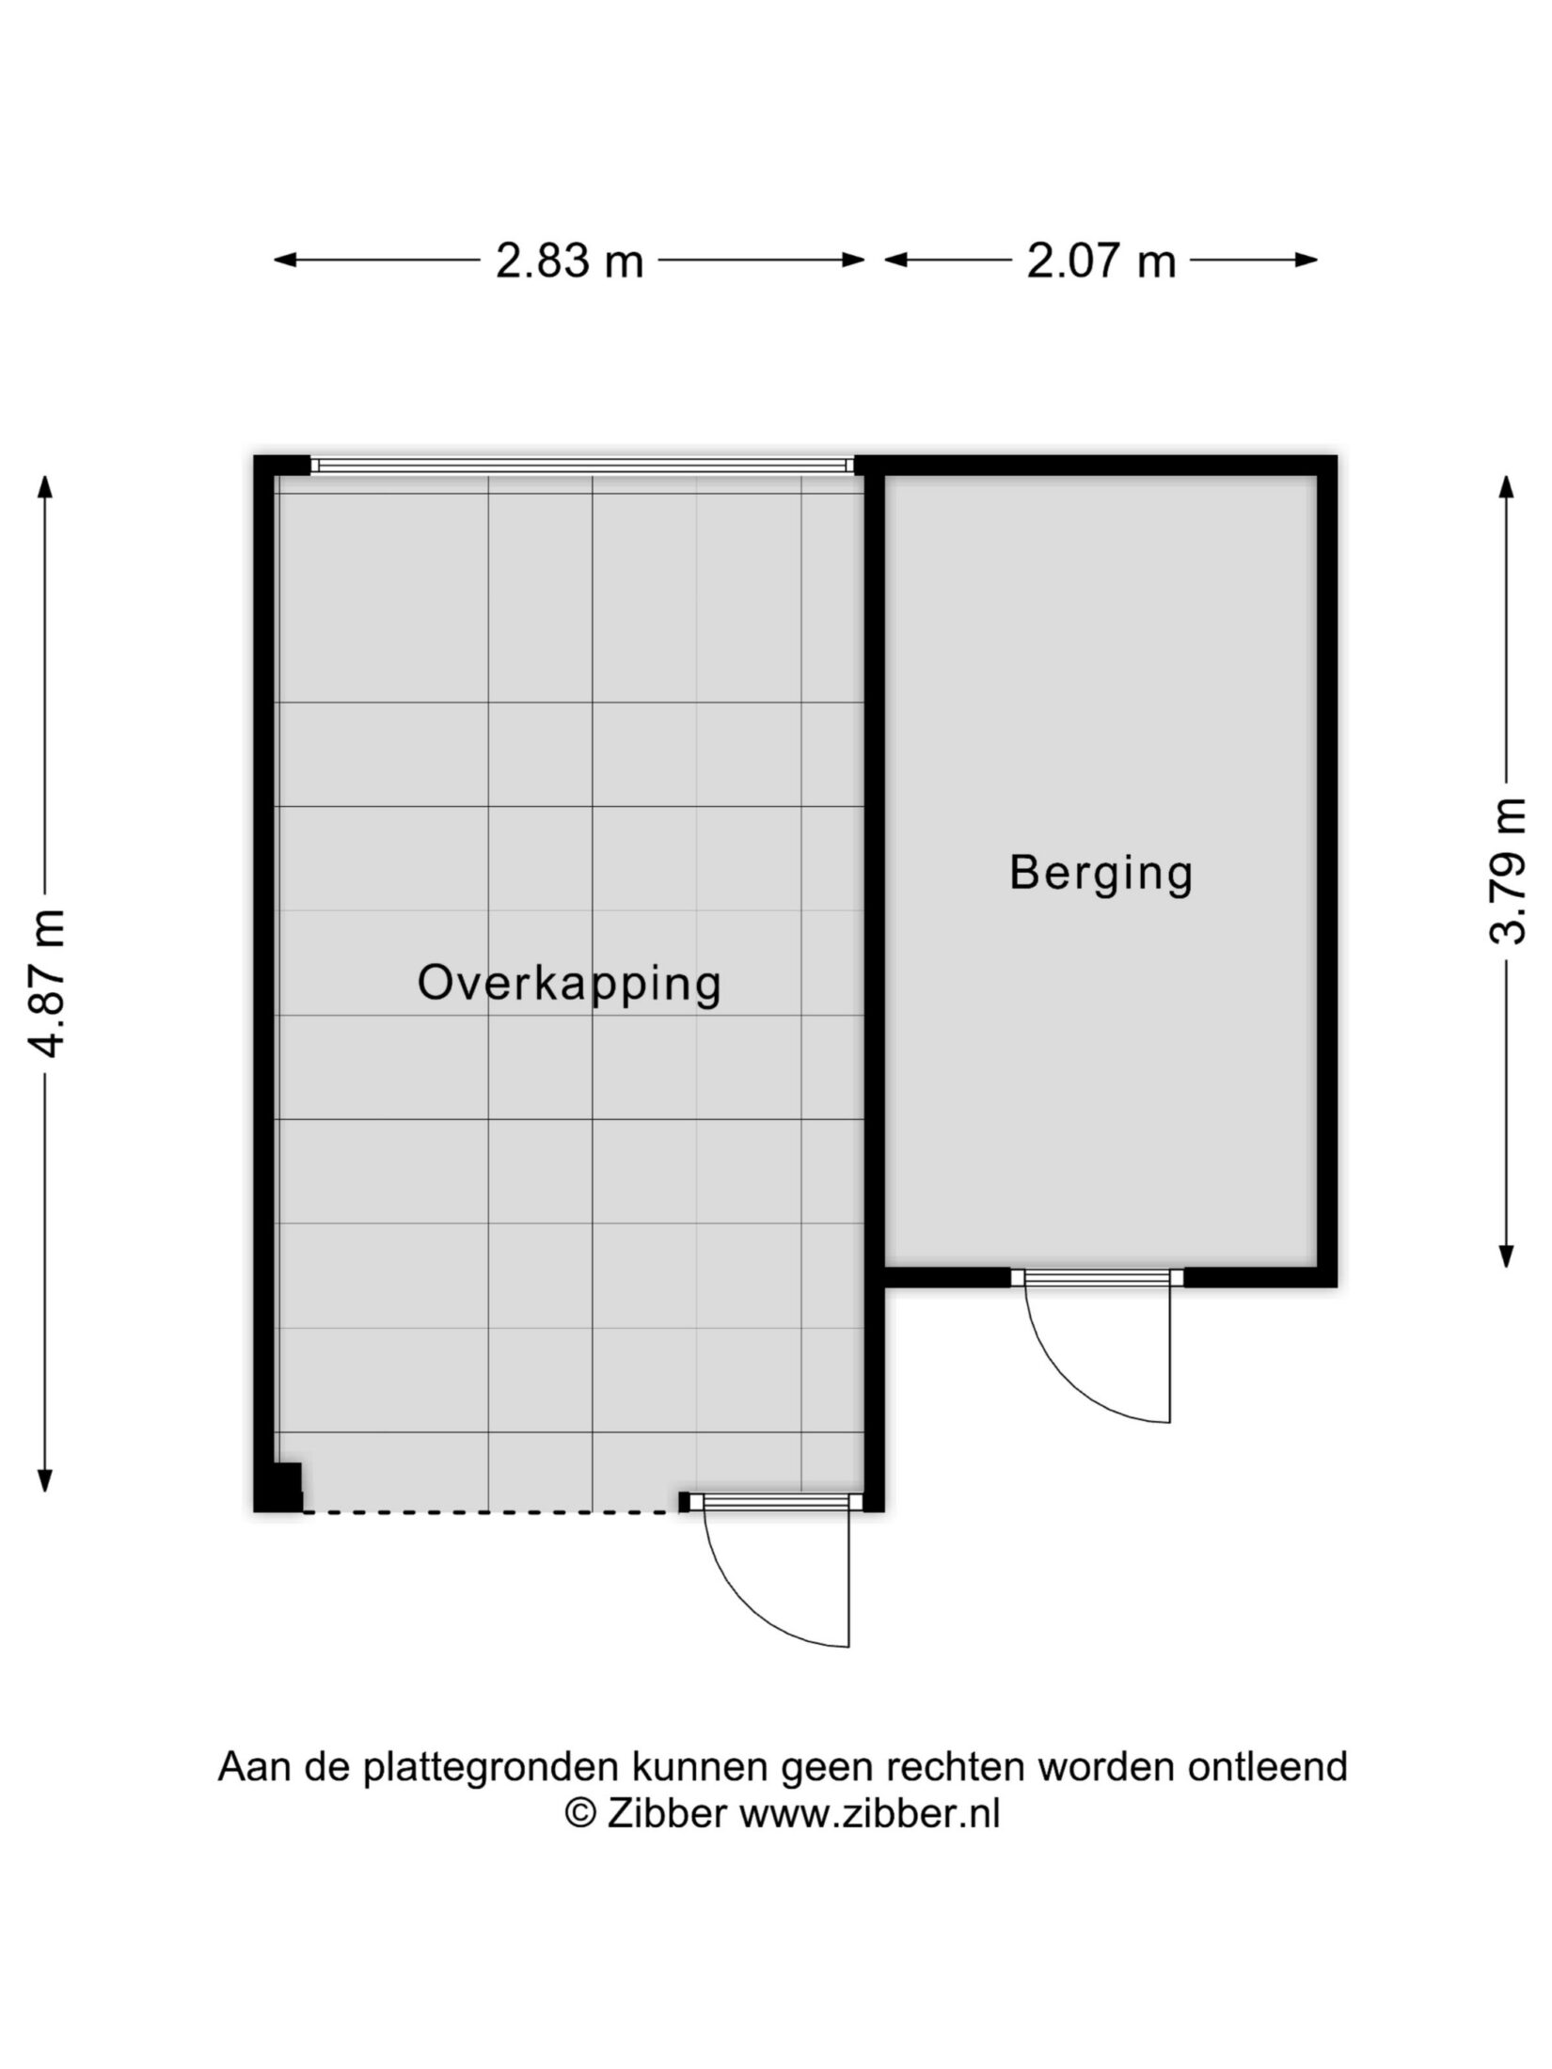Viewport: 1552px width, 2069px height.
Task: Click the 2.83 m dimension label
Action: point(569,261)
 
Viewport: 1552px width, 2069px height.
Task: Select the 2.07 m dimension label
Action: point(1101,261)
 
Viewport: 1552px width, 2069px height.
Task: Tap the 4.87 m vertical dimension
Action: point(45,984)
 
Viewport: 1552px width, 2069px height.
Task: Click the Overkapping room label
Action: point(569,985)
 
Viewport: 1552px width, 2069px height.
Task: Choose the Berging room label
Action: point(1101,873)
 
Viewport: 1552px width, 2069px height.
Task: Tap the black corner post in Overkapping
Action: point(282,1488)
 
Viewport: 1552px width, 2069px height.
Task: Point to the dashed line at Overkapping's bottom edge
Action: point(491,1511)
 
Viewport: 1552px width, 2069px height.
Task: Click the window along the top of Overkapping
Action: point(582,465)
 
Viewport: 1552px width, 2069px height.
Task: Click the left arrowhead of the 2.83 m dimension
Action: point(286,261)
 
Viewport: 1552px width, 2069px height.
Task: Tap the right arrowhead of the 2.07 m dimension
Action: point(1306,261)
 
